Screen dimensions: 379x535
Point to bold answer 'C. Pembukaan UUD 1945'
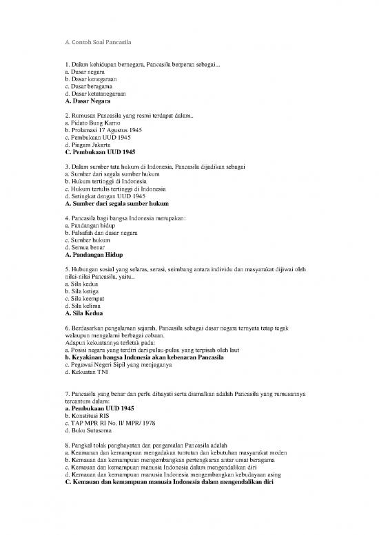pyautogui.click(x=99, y=152)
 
